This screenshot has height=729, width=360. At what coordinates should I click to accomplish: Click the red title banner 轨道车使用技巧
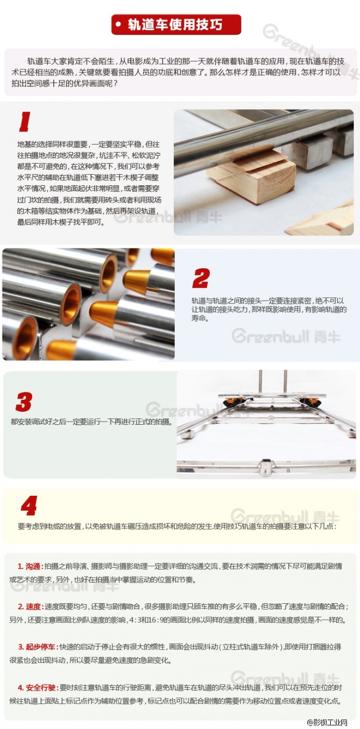tap(176, 25)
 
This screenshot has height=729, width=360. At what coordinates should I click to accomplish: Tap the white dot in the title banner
tap(118, 25)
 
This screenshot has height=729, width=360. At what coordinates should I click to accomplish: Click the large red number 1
tap(25, 122)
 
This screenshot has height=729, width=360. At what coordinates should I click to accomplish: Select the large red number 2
tap(200, 278)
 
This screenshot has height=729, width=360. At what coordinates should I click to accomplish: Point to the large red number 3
tap(24, 402)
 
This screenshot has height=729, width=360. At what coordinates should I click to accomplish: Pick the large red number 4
tap(29, 506)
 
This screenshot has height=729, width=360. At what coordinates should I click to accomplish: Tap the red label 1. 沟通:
tap(31, 567)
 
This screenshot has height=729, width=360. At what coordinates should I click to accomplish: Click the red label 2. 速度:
tap(31, 607)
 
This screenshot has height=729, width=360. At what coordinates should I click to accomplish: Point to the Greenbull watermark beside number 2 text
tap(286, 336)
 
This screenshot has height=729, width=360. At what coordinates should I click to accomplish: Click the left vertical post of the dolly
tap(260, 382)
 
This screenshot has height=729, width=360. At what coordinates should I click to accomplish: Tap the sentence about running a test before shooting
tap(91, 422)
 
